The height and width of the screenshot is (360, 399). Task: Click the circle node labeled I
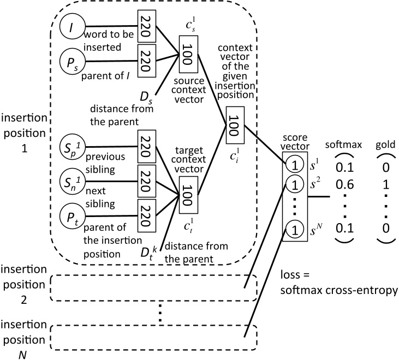point(72,26)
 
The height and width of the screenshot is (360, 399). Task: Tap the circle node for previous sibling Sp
point(72,148)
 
